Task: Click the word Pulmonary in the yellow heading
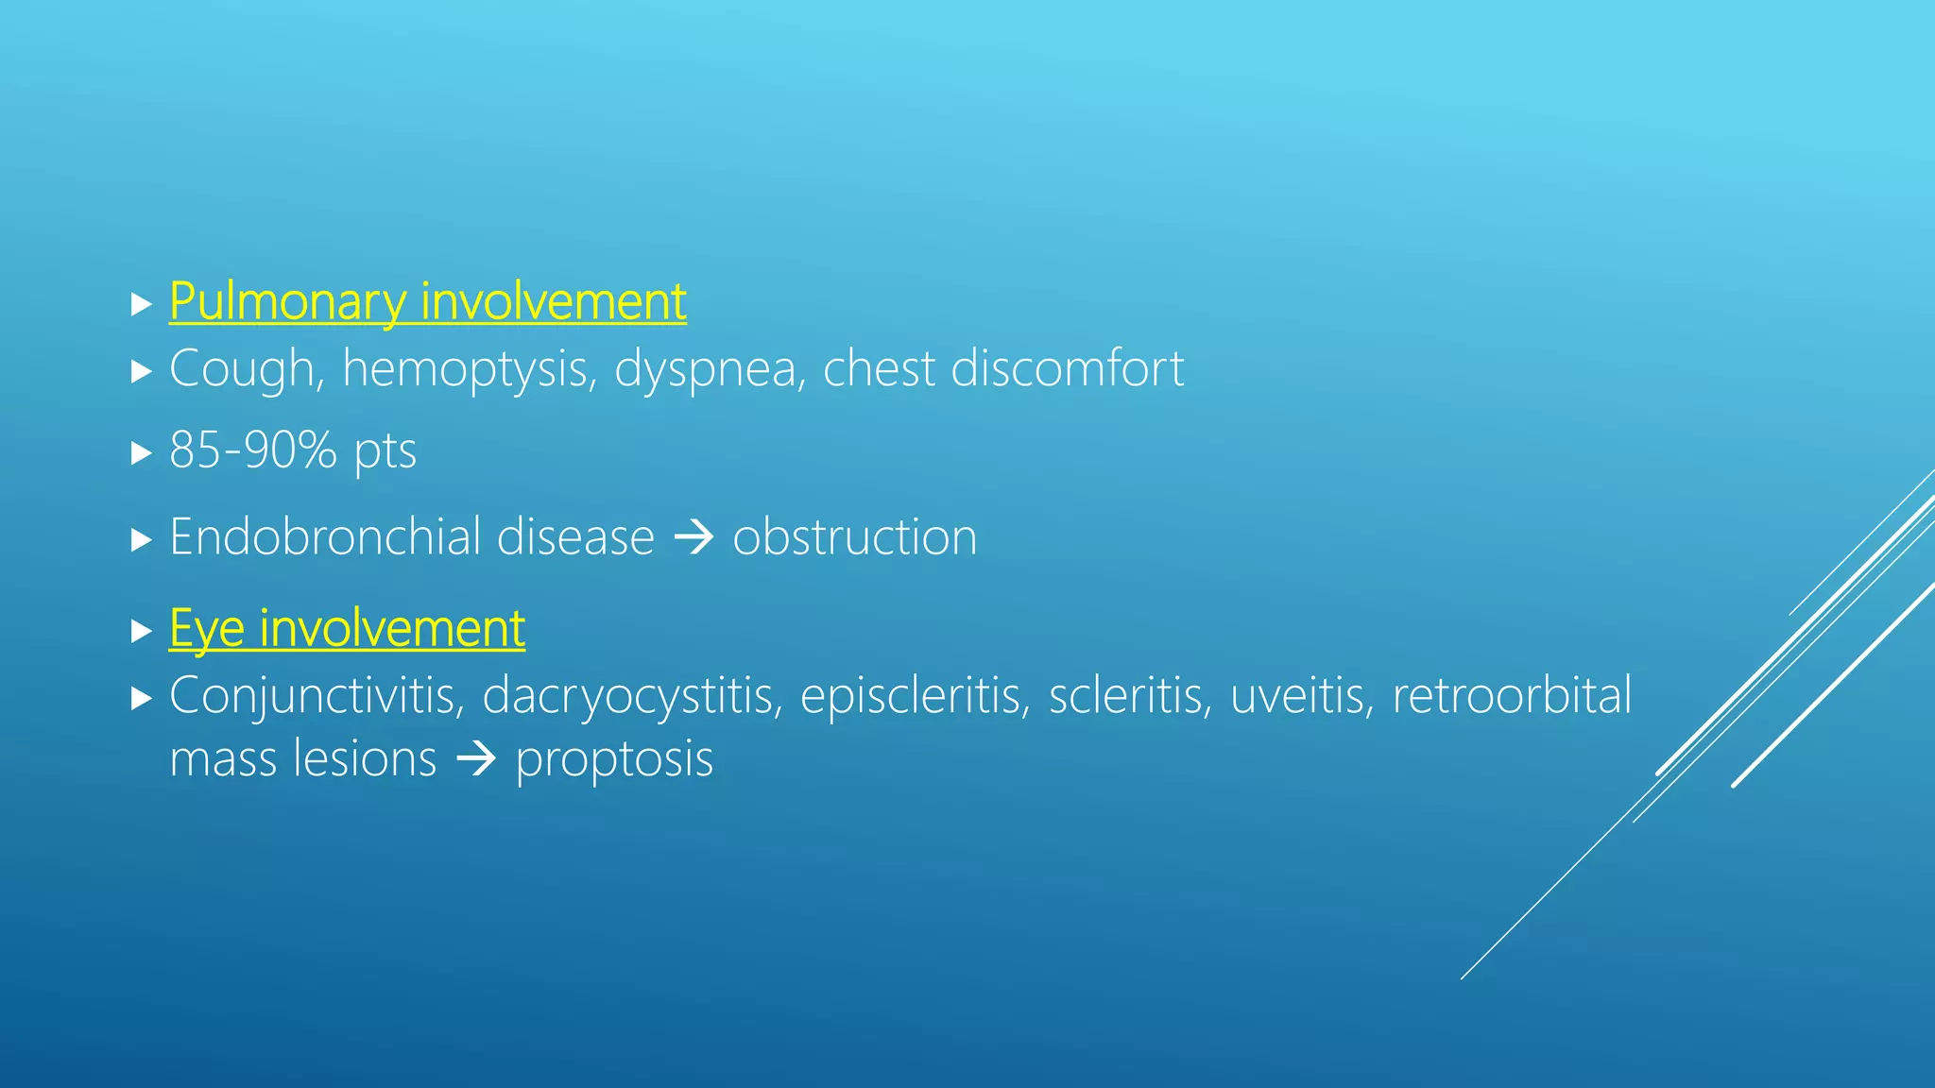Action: pos(288,303)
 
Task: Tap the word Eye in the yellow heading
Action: pos(206,630)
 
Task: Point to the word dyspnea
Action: pos(705,369)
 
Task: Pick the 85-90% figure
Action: pos(252,450)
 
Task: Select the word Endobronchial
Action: pos(324,537)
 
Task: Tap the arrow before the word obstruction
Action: pos(694,538)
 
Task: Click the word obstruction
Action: pos(854,537)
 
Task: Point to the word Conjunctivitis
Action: pos(317,697)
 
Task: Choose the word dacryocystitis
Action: pos(632,697)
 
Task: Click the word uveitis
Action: pos(1302,697)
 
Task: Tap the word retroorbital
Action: pos(1512,696)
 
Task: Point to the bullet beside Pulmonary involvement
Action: pos(142,304)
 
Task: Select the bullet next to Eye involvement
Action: pos(142,631)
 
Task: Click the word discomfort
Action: pos(1067,368)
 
